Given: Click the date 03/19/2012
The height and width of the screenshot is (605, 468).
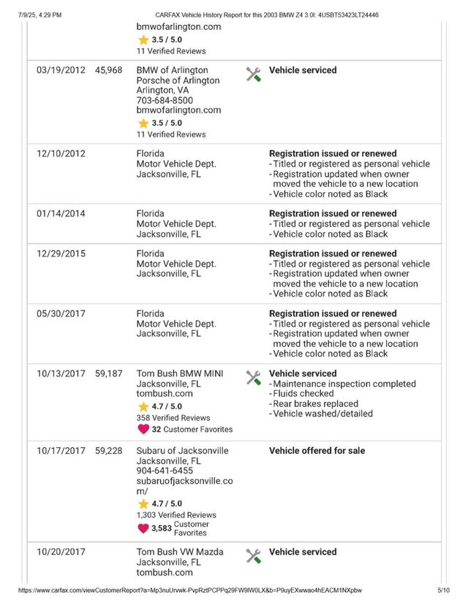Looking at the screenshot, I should pos(61,71).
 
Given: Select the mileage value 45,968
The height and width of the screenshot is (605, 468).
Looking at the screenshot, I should pos(108,71).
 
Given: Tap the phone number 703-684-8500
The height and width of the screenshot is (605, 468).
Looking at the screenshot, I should pos(165,101).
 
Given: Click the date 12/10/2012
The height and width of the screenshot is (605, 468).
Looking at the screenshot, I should pos(61,154).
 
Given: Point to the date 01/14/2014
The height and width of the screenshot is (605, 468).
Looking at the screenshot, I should pos(61,214).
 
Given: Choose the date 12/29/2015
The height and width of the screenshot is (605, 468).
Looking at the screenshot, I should pos(61,254).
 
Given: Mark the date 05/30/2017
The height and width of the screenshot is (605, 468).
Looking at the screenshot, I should pos(61,314).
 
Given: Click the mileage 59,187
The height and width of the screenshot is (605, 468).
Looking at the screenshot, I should pos(108,374).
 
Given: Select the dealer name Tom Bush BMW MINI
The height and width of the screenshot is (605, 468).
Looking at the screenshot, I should pos(180,374).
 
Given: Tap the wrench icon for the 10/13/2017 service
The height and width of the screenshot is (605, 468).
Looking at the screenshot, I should pos(254,378).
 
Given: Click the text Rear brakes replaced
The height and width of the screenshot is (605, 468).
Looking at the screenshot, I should pos(316,404).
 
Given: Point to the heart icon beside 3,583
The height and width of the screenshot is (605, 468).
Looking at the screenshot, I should pos(143,528).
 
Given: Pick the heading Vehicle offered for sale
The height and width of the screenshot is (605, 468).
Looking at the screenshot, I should pos(317,451).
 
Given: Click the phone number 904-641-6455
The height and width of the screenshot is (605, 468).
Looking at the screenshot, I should pos(165,471).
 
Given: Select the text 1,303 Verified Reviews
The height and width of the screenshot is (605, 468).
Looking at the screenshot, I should pos(176,515).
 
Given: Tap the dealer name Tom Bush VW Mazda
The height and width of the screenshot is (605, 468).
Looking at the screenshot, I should pos(180,552).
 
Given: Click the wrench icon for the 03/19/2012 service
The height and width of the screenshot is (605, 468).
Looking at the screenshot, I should pos(254,74).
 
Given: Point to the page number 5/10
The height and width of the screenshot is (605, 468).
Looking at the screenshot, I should pos(444,590).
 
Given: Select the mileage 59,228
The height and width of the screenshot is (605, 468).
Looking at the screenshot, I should pos(108,451).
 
